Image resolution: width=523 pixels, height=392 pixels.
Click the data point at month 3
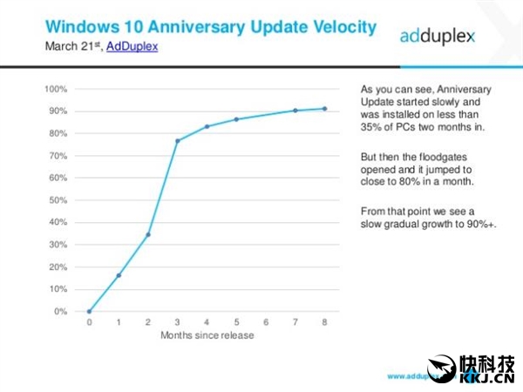tap(178, 141)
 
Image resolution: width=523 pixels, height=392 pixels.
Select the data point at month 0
tap(89, 311)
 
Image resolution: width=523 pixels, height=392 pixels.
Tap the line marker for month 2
tap(148, 234)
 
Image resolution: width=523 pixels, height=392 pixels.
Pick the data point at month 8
tap(325, 109)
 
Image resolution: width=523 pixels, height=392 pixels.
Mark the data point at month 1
tap(119, 275)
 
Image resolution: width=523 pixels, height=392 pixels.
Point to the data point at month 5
tap(236, 119)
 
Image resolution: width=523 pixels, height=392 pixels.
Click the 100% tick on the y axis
tap(56, 89)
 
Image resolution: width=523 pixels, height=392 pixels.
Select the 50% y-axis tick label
tap(58, 200)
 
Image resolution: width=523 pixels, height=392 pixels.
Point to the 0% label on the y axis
tap(60, 311)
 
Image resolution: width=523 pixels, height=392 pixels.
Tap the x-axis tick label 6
tap(266, 322)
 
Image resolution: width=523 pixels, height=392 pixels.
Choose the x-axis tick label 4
tap(207, 322)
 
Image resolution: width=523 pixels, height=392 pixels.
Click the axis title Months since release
tap(207, 335)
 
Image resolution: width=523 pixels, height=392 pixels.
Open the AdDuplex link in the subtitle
tap(132, 46)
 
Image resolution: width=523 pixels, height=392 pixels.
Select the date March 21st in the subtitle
tap(72, 46)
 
